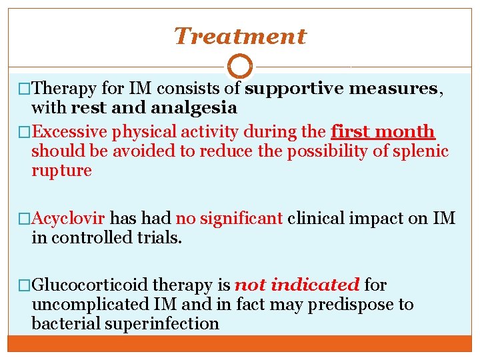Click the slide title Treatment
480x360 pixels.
(x=240, y=36)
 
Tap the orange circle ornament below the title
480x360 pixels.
(x=240, y=67)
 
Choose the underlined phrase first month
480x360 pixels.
(x=383, y=132)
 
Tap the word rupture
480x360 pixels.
(x=61, y=171)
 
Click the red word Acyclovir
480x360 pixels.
(x=69, y=218)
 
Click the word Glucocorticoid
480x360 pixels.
(x=90, y=285)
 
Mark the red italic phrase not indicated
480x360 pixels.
(x=297, y=285)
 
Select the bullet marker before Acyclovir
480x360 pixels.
(x=25, y=219)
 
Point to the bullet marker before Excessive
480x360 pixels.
(x=25, y=133)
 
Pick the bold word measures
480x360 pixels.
(x=394, y=88)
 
